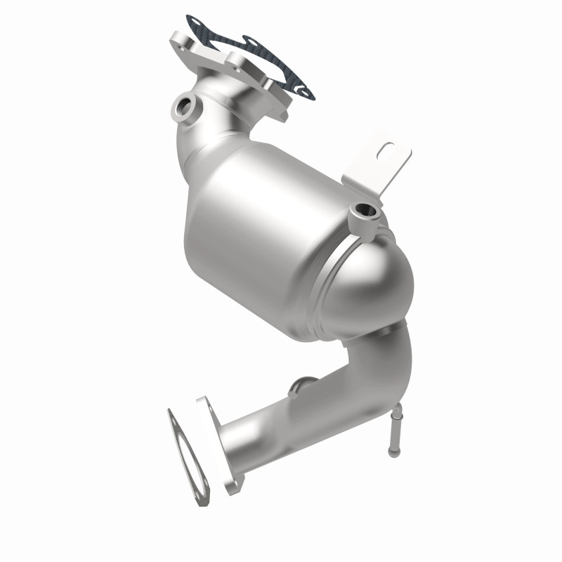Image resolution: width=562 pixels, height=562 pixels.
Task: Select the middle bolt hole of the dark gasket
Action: (x=248, y=44)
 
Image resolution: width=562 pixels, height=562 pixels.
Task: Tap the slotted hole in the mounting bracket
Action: (x=388, y=150)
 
